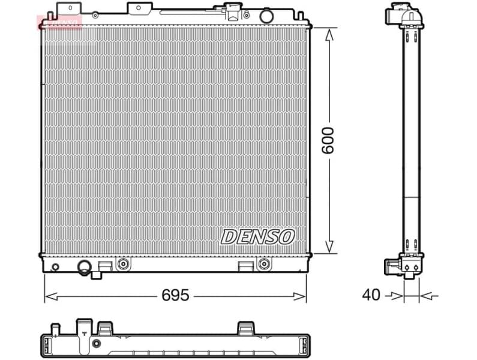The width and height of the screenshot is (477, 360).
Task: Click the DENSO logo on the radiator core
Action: (257, 236)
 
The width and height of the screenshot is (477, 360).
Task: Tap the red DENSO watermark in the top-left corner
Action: (59, 23)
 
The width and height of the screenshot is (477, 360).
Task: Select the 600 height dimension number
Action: (328, 140)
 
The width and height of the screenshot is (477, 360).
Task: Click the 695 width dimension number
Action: (176, 295)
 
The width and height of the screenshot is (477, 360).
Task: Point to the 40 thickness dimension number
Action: (371, 295)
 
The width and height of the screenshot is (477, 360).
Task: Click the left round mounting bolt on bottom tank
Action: (123, 263)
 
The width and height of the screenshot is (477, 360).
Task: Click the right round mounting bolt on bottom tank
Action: (262, 263)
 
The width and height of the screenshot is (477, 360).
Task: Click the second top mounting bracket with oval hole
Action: (139, 8)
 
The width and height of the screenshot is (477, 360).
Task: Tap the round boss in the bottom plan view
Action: (96, 344)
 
